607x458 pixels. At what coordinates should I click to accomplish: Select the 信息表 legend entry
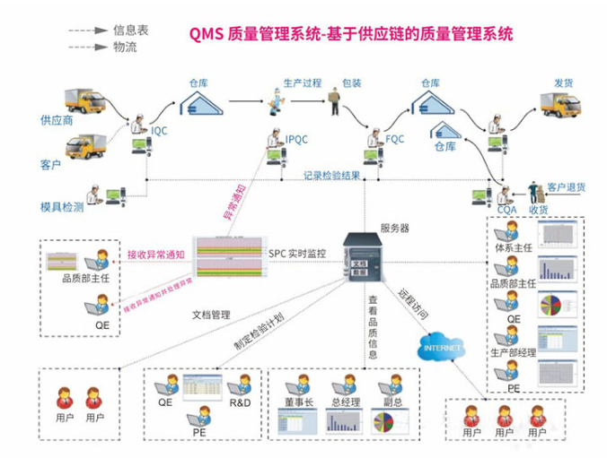pos(130,30)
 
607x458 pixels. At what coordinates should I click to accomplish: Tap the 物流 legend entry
pos(125,47)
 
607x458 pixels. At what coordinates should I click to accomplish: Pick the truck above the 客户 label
pos(86,144)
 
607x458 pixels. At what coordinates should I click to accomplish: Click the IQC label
pos(159,131)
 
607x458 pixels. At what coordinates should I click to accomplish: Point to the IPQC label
pos(297,139)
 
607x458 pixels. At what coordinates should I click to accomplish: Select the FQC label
pos(395,139)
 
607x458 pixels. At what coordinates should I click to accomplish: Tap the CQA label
pos(506,209)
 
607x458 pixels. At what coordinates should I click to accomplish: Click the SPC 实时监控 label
pos(296,254)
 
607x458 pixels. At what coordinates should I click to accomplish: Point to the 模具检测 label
pos(62,206)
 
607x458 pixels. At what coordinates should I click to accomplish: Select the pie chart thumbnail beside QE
pos(555,303)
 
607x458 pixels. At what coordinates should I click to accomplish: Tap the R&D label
pos(239,402)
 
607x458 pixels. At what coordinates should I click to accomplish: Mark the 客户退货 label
pos(566,187)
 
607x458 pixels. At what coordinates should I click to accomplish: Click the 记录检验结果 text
pos(331,175)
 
